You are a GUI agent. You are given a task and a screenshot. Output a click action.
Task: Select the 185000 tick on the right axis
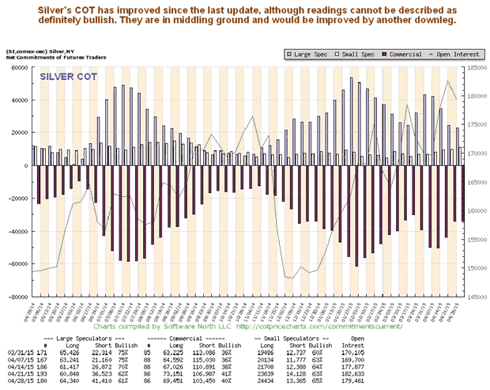[x=477, y=68]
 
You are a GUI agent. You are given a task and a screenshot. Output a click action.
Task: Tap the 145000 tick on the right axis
[x=477, y=297]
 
